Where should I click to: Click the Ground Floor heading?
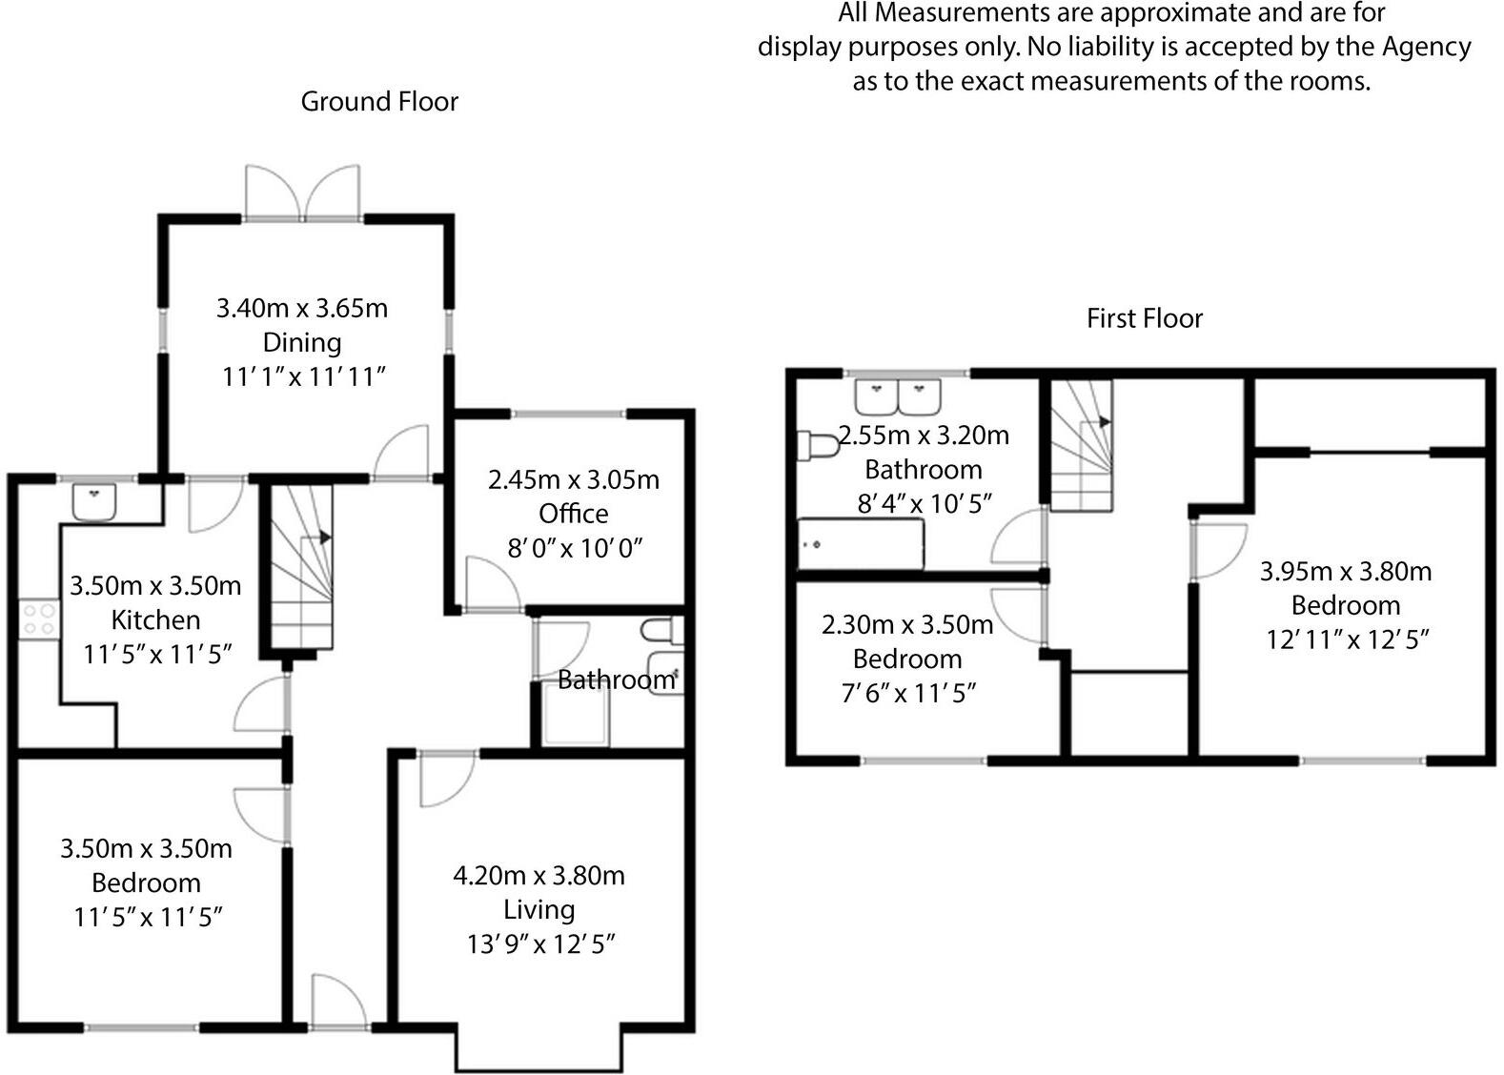click(x=379, y=102)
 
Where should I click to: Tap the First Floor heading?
click(x=1145, y=318)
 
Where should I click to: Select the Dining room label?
click(x=302, y=342)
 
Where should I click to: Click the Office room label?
click(x=573, y=514)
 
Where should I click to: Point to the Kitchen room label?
click(x=155, y=620)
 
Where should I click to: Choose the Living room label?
click(x=539, y=910)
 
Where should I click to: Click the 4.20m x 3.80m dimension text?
click(x=539, y=875)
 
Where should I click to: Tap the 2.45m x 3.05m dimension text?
click(x=573, y=479)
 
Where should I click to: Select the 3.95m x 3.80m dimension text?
click(x=1345, y=571)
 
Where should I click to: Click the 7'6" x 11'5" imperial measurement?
click(x=908, y=693)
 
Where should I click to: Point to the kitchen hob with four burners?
click(x=38, y=619)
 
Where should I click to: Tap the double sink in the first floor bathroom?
click(x=898, y=395)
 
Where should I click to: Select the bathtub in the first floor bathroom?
click(x=861, y=545)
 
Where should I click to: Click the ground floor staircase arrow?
click(x=324, y=537)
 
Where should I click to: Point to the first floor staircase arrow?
click(x=1104, y=421)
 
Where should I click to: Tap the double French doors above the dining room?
click(x=303, y=193)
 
